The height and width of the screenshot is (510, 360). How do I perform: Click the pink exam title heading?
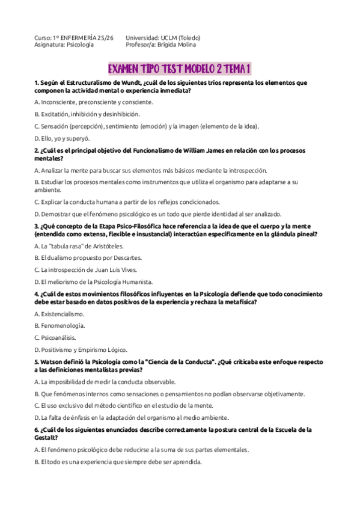click(178, 68)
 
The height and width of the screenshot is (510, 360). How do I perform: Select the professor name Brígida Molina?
click(176, 45)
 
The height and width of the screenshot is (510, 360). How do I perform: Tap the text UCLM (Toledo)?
click(180, 37)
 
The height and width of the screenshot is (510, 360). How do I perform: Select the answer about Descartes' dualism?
click(92, 257)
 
